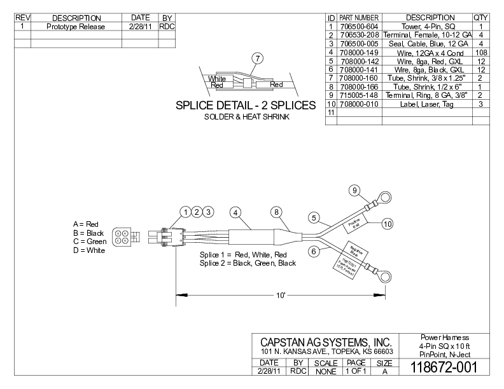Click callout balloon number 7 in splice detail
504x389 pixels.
click(x=258, y=58)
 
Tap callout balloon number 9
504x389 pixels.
click(x=355, y=190)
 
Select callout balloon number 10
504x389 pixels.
click(x=388, y=223)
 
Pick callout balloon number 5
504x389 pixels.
click(x=314, y=218)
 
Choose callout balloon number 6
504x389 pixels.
click(x=314, y=251)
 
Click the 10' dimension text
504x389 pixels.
click(x=281, y=296)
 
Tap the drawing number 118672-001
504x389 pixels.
click(x=444, y=367)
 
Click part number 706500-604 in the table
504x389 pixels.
click(x=359, y=26)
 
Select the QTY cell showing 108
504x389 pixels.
click(x=480, y=52)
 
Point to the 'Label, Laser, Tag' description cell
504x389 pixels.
click(x=426, y=104)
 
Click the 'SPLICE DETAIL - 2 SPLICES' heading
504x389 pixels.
click(x=246, y=105)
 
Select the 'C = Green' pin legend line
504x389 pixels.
click(x=90, y=242)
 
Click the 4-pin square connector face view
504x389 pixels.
click(x=123, y=237)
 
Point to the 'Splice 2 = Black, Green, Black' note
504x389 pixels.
click(x=248, y=263)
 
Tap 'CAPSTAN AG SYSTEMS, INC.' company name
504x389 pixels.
click(x=325, y=343)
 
